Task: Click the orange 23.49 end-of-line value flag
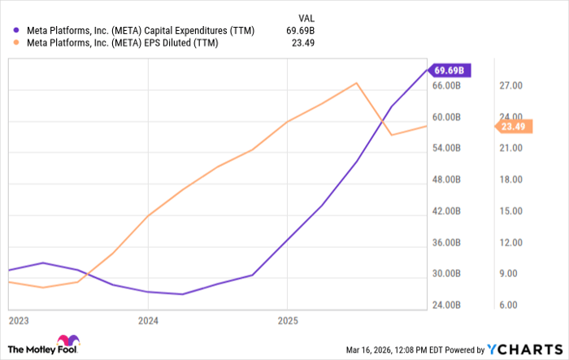[x=515, y=126]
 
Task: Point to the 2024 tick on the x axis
[x=147, y=320]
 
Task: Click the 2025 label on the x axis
[x=287, y=320]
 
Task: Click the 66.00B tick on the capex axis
[x=446, y=85]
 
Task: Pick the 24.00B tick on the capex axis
[x=446, y=305]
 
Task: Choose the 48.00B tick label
[x=446, y=180]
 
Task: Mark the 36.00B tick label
[x=446, y=242]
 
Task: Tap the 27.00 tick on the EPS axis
[x=510, y=85]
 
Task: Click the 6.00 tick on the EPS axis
[x=510, y=305]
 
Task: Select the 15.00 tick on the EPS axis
[x=510, y=210]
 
